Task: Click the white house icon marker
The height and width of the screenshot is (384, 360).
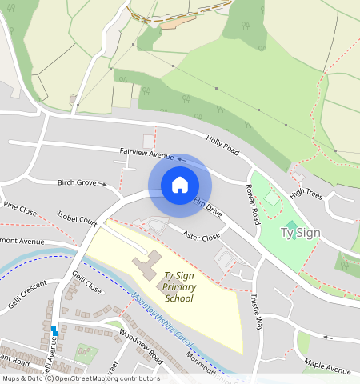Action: tap(180, 185)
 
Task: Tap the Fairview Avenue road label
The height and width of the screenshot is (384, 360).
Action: tap(146, 152)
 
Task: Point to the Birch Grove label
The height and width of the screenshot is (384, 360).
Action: tap(77, 182)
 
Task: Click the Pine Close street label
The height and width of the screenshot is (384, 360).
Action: tap(20, 210)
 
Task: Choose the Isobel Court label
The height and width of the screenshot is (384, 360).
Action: tap(77, 218)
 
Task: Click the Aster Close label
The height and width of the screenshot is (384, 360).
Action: tap(201, 237)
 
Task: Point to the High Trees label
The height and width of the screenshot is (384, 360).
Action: tap(306, 193)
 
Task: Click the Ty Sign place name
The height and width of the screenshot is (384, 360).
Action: tap(300, 233)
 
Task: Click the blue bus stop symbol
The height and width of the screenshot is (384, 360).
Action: tap(54, 330)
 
